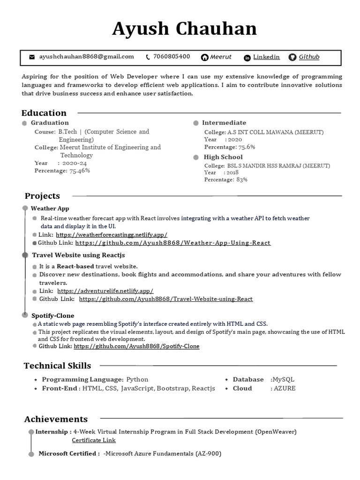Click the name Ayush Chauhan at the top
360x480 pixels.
(184, 29)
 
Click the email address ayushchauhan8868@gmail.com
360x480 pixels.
(87, 57)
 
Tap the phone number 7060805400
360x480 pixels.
(171, 57)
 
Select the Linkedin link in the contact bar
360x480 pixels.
(266, 57)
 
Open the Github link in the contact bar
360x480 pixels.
(309, 57)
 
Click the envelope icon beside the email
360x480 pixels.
(32, 57)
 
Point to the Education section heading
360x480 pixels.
(44, 113)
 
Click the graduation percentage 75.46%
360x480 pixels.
(80, 171)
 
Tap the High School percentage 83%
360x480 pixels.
(242, 180)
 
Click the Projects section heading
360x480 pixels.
(42, 196)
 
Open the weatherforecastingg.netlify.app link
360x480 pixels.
(111, 234)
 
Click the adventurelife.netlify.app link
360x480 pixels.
(105, 291)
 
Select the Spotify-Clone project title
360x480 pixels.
(53, 315)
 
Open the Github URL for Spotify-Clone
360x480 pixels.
(136, 346)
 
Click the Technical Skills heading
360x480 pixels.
(58, 366)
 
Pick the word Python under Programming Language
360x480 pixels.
(137, 380)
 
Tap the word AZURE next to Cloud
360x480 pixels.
(285, 389)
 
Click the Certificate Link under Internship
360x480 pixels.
(94, 440)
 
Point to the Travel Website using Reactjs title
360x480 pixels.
(78, 255)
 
